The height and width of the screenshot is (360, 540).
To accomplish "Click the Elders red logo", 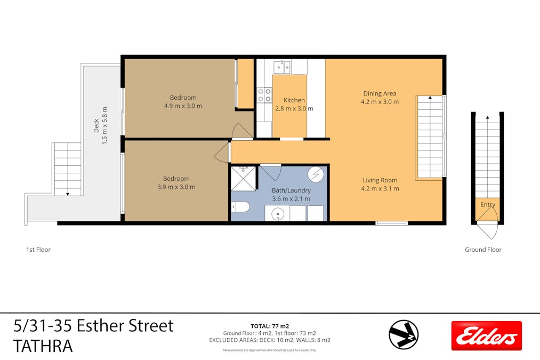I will (x=486, y=335).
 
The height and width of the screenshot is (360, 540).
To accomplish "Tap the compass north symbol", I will (x=404, y=334).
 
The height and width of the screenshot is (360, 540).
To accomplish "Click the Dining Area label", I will (x=380, y=94).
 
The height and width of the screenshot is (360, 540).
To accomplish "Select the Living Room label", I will (x=380, y=180).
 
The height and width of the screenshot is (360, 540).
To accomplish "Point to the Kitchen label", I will (x=294, y=100).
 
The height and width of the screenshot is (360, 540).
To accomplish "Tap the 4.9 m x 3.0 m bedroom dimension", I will (x=183, y=106).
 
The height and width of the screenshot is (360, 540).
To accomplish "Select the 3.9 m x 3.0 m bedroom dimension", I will (x=176, y=187).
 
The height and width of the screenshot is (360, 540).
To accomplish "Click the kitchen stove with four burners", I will (x=264, y=95).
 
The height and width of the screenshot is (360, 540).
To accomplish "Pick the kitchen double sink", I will (x=282, y=67).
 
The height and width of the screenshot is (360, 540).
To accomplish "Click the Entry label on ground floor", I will (x=487, y=205).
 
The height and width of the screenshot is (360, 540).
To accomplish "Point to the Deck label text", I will (x=96, y=125).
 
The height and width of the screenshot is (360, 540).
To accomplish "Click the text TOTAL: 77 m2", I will (x=270, y=326).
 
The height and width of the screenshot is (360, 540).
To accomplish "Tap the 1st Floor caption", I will (x=38, y=250).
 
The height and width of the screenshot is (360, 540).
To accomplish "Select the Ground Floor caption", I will (x=483, y=250).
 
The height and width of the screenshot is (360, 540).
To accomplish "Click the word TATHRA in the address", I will (x=43, y=346).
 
